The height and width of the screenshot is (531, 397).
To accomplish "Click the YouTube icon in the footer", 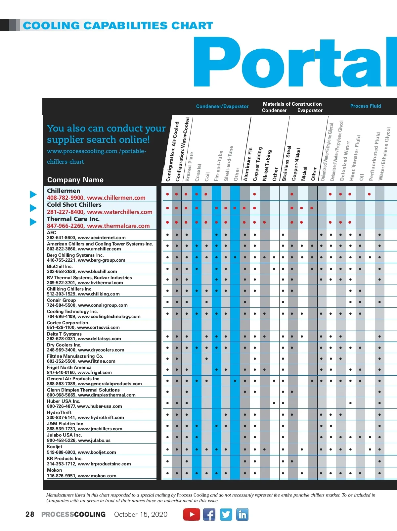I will point(192,514).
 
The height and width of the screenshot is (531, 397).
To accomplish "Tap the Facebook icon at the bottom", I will point(209,514).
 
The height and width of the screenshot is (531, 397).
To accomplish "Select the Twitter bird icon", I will point(226,514).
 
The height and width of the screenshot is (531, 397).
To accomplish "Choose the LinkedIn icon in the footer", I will point(243,514).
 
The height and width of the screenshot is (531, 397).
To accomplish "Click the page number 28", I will point(30,514).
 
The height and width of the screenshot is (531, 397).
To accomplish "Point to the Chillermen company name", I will point(64,191).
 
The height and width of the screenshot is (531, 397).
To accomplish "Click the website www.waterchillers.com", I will point(120,212).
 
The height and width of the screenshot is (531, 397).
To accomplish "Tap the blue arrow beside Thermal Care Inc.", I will point(33,222).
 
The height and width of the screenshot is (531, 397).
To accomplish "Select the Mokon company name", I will point(54,470).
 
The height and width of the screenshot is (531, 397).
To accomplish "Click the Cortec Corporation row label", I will point(67,323).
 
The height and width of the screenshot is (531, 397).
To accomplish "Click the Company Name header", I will point(75,180).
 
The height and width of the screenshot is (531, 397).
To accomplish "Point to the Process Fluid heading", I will point(366,106).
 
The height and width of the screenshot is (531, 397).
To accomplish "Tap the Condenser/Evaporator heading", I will point(222,106).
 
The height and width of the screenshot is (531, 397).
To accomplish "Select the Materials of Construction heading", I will point(292,104).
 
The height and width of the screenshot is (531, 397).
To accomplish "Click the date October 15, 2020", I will point(141,514).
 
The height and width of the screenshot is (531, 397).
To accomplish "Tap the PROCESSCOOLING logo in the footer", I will point(73,514).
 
